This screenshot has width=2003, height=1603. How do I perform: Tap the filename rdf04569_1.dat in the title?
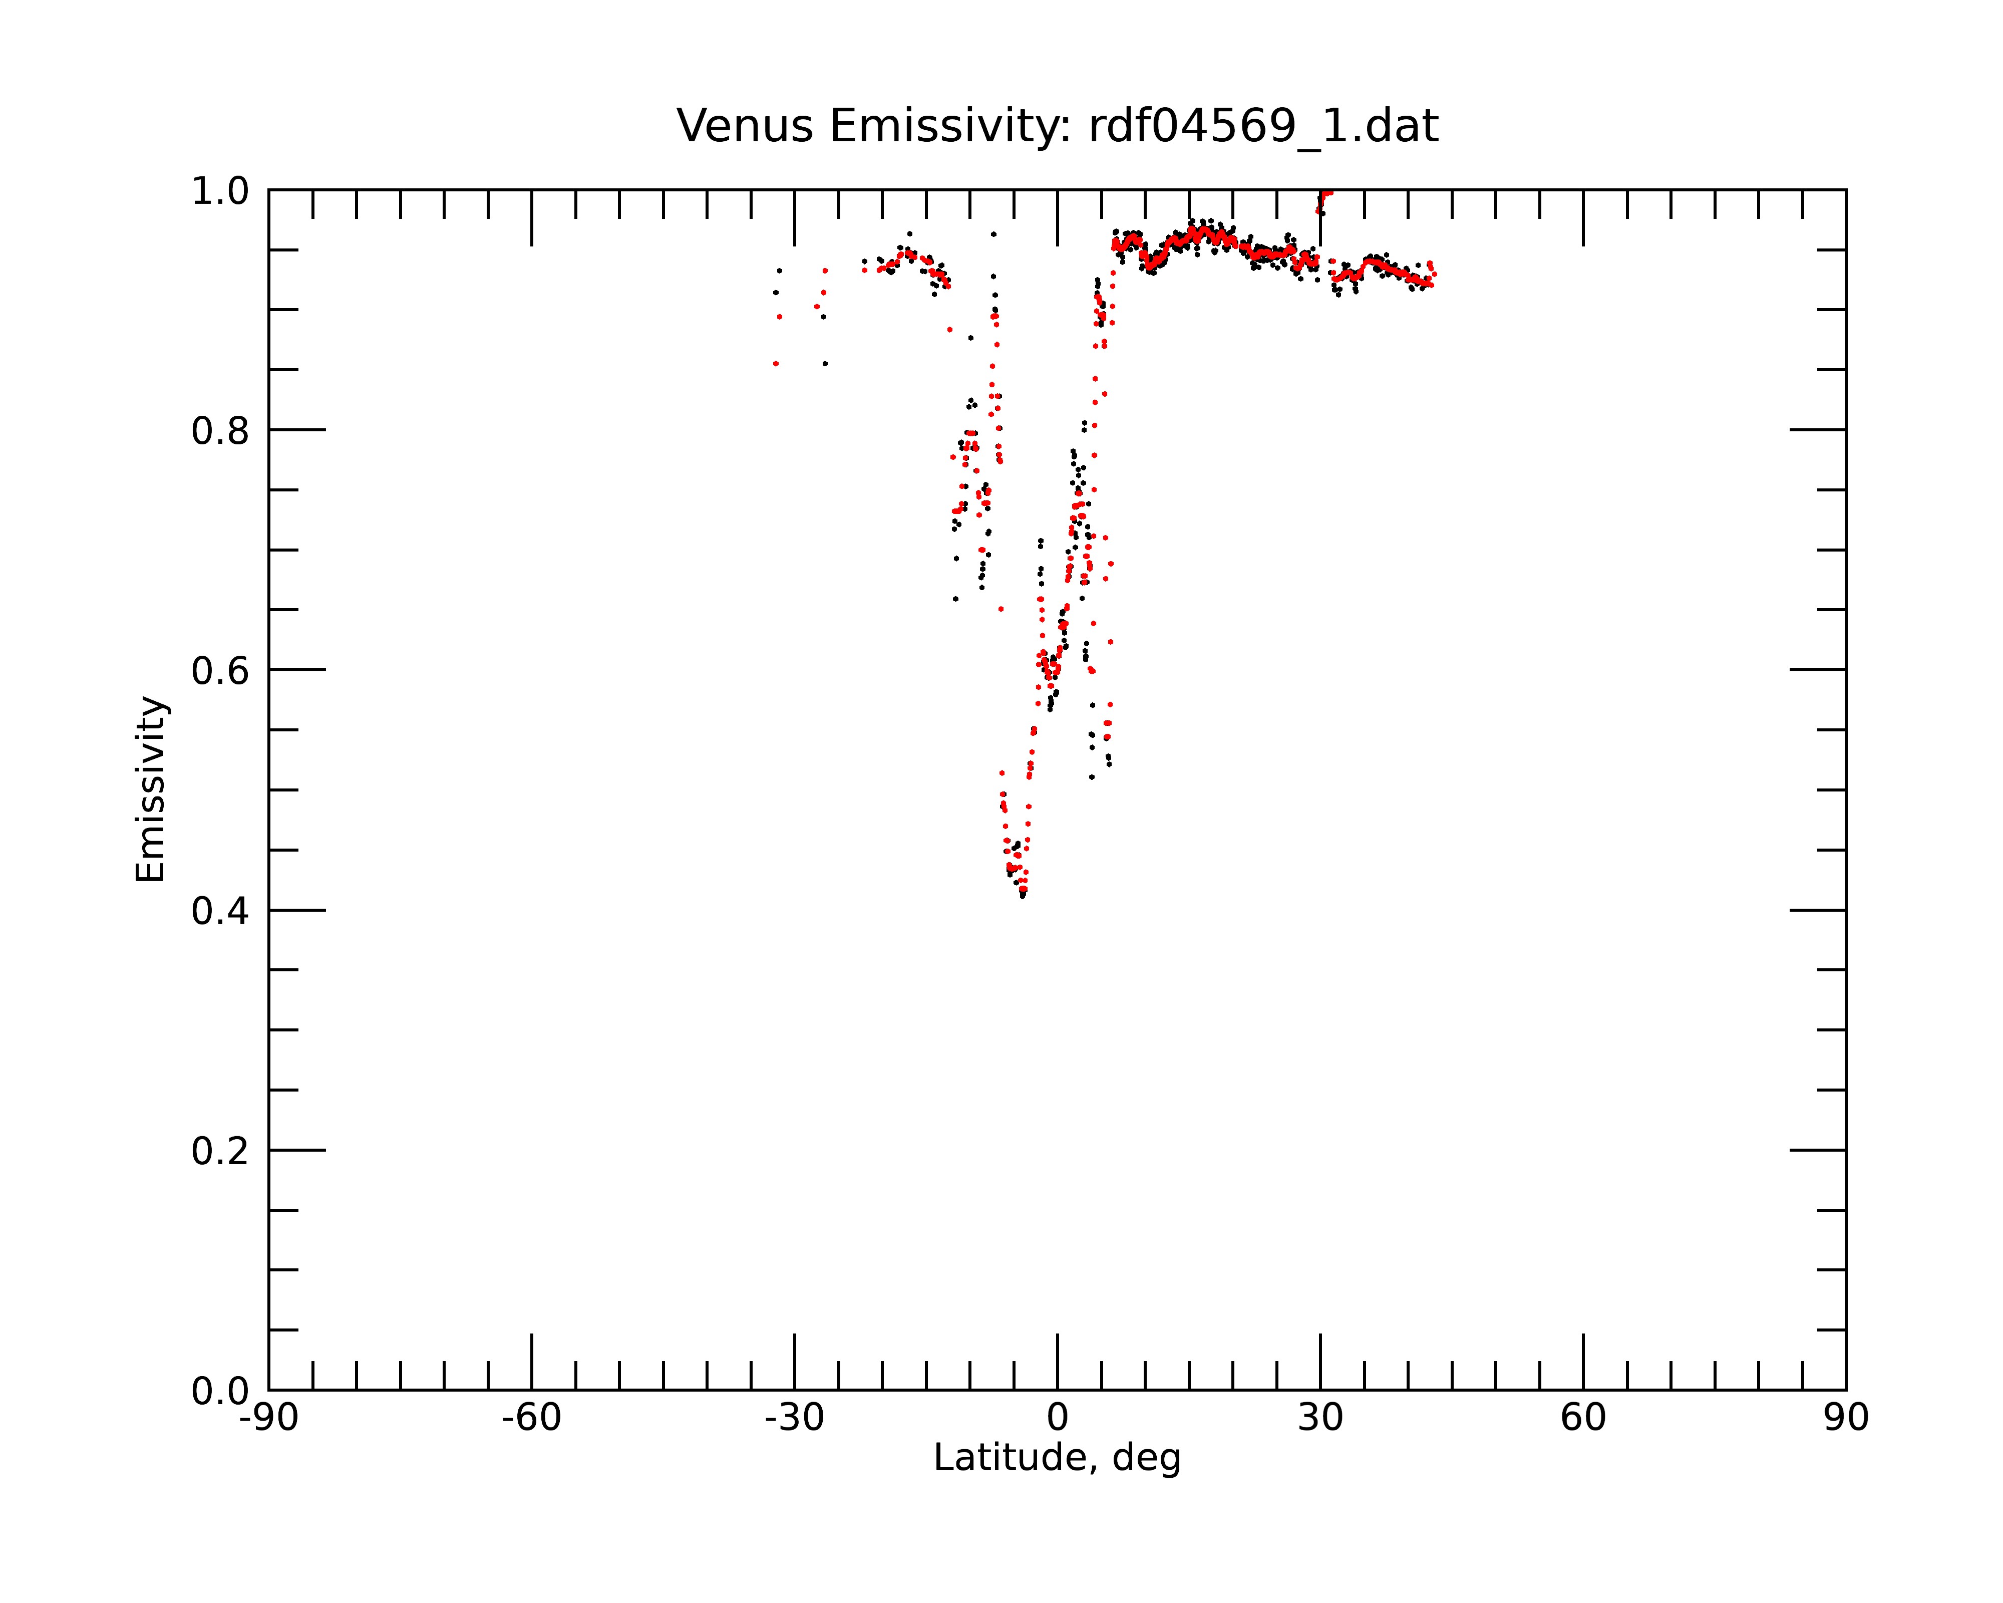[x=1263, y=126]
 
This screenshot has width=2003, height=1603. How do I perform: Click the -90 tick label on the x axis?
[x=268, y=1418]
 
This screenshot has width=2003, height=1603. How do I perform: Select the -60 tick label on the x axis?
[x=531, y=1418]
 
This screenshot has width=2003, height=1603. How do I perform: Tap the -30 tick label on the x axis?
[x=794, y=1418]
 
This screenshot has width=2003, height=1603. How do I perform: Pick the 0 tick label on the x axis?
[x=1057, y=1418]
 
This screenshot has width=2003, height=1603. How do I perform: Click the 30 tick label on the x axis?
[x=1320, y=1418]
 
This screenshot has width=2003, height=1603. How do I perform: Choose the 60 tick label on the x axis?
[x=1583, y=1418]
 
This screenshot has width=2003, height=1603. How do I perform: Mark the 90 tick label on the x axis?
[x=1846, y=1418]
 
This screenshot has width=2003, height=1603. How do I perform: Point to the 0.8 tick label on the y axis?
[x=220, y=431]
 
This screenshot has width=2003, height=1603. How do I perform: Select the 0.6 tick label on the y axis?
[x=220, y=671]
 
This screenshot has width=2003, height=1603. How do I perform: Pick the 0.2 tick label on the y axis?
[x=220, y=1151]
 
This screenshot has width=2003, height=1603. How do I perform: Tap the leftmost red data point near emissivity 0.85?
[x=776, y=364]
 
